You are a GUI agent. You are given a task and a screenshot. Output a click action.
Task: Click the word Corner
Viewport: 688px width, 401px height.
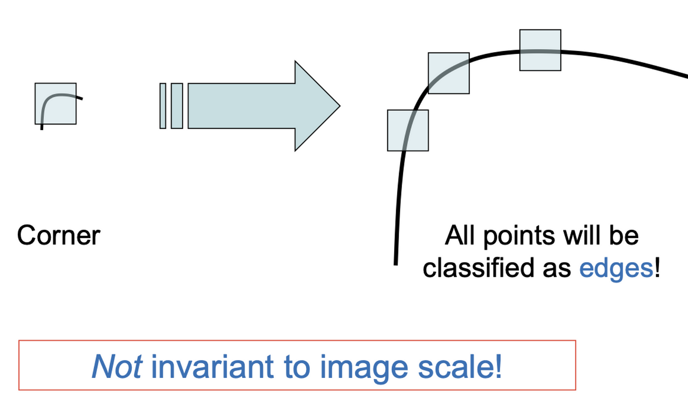click(58, 236)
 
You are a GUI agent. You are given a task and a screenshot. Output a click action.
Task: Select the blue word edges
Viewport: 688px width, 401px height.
click(616, 269)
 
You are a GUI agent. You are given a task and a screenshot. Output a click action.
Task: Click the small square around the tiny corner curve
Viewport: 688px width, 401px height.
click(56, 104)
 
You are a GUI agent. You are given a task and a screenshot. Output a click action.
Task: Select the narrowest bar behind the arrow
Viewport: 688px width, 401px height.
click(163, 106)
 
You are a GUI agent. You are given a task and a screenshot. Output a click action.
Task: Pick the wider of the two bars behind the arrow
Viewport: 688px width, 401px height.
click(177, 106)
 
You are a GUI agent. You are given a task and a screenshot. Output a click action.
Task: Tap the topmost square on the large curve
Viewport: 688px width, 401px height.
click(540, 50)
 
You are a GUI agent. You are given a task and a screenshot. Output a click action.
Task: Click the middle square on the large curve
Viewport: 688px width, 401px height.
click(449, 73)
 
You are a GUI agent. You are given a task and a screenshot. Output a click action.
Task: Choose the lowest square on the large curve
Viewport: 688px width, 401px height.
click(408, 130)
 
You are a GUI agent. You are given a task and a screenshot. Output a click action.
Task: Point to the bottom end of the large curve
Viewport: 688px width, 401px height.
click(396, 263)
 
